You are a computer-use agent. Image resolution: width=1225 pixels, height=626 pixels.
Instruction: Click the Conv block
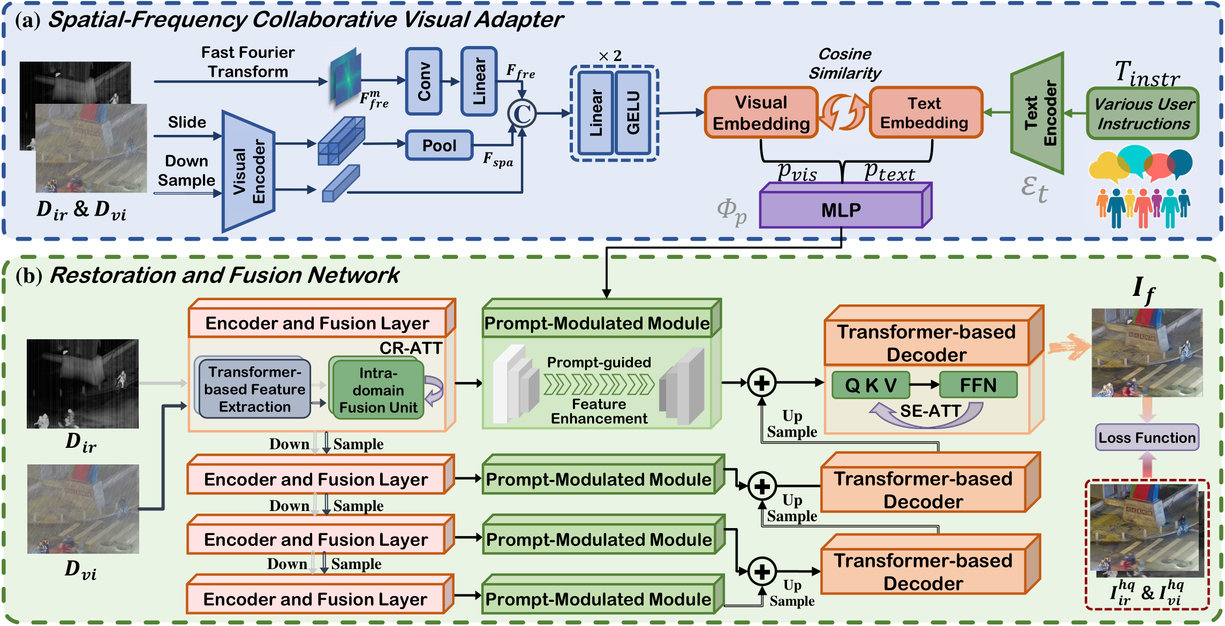pos(424,81)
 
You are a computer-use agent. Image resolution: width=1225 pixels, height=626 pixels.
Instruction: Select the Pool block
pos(439,146)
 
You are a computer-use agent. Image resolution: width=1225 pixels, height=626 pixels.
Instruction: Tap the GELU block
pos(633,113)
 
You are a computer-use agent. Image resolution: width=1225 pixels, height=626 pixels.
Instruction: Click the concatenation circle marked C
pos(521,113)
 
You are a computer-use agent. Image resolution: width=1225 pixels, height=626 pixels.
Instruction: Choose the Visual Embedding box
pos(761,113)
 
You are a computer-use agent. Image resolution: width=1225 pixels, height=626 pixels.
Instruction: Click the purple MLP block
pos(842,210)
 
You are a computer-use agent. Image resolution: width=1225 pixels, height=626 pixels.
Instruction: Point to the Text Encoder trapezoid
pos(1038,113)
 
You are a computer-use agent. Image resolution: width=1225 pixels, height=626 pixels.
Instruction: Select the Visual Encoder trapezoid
pos(248,172)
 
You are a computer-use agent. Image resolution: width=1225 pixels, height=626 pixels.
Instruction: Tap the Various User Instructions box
pos(1143,113)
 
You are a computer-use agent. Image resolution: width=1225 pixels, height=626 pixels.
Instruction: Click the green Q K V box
pos(871,385)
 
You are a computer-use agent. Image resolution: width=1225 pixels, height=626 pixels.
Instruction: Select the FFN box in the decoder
pos(978,385)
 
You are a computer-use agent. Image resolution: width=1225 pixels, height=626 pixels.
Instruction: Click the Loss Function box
pos(1146,438)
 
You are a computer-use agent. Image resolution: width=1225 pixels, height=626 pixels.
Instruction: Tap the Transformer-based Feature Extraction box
pos(254,389)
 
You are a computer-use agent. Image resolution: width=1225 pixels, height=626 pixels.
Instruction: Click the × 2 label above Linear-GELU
pos(610,56)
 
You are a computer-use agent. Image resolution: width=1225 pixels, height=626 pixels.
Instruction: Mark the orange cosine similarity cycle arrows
pos(843,112)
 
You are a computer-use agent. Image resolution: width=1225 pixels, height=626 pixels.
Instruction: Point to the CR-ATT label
pos(411,348)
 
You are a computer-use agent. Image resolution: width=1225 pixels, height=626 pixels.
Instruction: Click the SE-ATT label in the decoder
pos(930,411)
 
